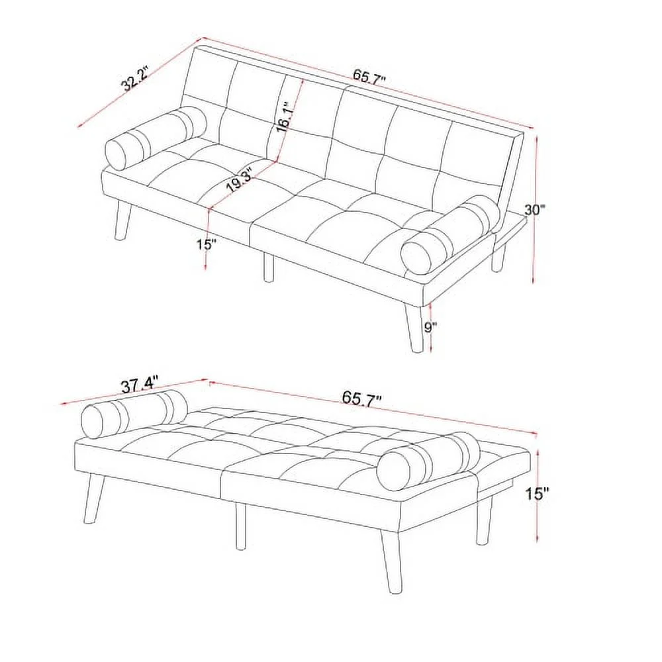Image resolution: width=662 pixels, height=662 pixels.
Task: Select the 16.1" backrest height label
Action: [283, 118]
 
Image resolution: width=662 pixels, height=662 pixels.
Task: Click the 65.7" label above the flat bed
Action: [361, 398]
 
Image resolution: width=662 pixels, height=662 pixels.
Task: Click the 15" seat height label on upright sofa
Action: [207, 244]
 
